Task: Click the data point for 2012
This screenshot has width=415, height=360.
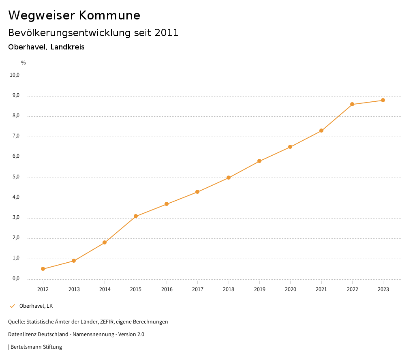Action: tap(43, 269)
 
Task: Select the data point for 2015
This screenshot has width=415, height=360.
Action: tap(136, 216)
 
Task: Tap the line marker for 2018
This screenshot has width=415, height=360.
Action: tap(229, 178)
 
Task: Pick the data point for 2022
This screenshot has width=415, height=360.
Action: tap(352, 104)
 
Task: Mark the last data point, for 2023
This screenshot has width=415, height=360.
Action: tap(383, 100)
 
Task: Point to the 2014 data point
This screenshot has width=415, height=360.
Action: tap(105, 242)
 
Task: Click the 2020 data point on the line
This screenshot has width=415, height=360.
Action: tap(290, 147)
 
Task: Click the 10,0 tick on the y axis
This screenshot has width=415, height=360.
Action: tap(15, 75)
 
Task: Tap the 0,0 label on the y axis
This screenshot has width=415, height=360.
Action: tap(16, 279)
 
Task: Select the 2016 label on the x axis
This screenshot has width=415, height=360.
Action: tap(167, 289)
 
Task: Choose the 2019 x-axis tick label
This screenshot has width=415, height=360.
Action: tap(259, 289)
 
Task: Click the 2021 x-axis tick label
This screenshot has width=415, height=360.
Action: tap(321, 289)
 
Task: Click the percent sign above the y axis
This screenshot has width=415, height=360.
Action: tap(24, 62)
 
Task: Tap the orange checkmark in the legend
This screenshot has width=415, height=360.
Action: tap(12, 306)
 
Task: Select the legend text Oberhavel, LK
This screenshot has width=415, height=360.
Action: tap(36, 306)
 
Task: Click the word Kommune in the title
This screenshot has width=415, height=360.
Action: tap(109, 15)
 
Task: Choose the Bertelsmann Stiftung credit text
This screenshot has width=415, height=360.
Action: tap(36, 347)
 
